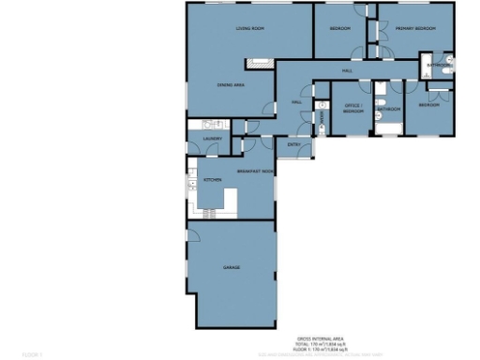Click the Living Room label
(248, 29)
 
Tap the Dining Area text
(231, 85)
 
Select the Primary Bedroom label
(416, 29)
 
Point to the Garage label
(232, 268)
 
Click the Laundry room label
(211, 141)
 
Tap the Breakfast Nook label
(254, 172)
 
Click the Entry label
(293, 144)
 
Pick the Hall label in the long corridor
(346, 71)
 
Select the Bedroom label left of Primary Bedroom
(339, 29)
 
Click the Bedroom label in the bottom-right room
(428, 105)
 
